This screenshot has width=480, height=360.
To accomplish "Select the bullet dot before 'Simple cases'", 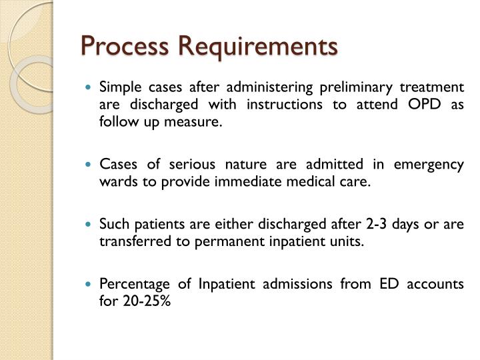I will pyautogui.click(x=91, y=87).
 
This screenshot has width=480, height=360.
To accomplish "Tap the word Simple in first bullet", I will pyautogui.click(x=116, y=87).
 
